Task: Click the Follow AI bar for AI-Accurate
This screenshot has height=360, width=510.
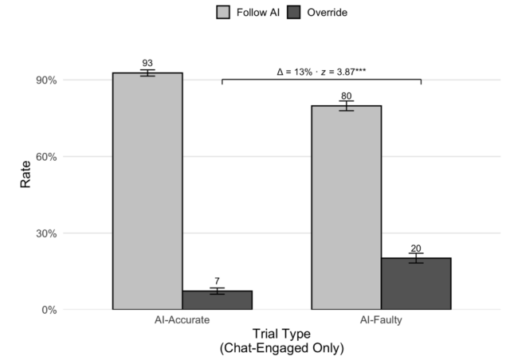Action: pos(147,191)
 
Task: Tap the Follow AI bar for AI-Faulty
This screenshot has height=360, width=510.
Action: pos(346,207)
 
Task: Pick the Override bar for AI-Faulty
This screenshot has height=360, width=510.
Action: pos(416,284)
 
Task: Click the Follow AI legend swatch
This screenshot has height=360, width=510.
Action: pos(224,12)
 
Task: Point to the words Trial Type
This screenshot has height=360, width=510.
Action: pos(281,334)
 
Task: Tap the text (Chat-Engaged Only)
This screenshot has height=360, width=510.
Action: pos(281,348)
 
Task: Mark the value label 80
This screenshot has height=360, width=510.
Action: pos(346,96)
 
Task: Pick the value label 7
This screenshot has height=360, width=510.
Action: pos(217,282)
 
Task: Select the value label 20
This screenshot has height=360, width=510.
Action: pos(416,248)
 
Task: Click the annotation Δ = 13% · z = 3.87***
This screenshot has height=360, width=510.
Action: pos(321,72)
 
